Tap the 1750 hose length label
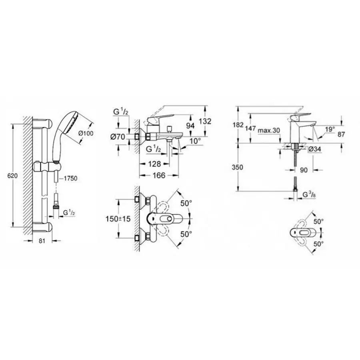click(70, 178)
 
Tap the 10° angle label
click(195, 141)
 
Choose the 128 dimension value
click(154, 164)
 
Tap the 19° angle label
click(329, 129)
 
